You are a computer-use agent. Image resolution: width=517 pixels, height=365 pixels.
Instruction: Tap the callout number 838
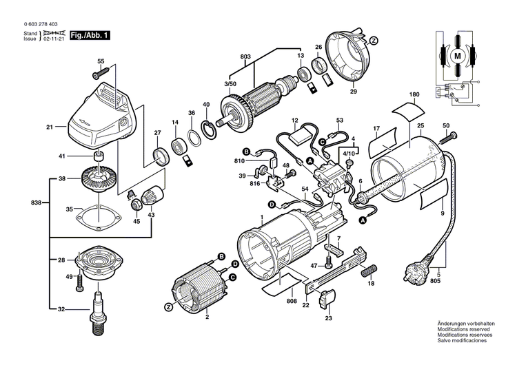coord(37,203)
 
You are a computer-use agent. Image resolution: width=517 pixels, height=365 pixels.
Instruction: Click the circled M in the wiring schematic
coord(458,54)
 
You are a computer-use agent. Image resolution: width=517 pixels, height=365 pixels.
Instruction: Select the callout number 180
coord(414,94)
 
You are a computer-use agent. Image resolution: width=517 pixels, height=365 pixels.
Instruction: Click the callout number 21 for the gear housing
coord(50,127)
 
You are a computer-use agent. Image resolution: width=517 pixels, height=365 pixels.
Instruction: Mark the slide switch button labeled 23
coord(328,299)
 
